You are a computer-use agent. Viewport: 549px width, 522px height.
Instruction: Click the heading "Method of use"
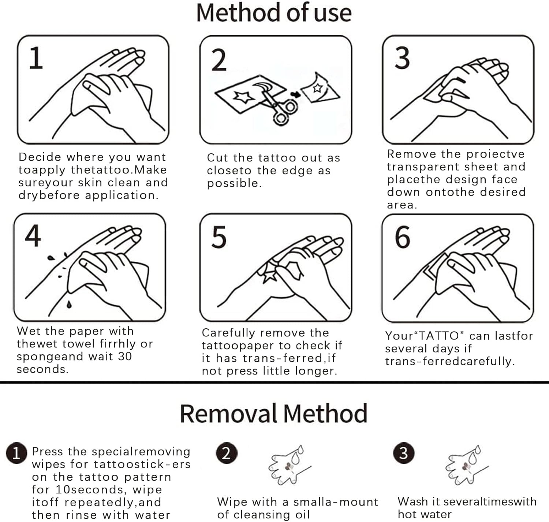[274, 13]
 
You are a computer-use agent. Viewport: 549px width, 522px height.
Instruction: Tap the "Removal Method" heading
[274, 414]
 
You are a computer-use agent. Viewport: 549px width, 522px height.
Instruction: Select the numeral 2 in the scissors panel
[219, 60]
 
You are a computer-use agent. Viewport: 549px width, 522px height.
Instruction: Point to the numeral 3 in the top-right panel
[402, 58]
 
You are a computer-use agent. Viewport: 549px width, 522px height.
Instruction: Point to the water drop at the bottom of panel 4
[69, 305]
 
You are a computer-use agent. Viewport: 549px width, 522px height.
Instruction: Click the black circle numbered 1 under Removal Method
[16, 453]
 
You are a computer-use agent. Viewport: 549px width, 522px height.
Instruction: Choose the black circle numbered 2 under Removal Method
[227, 453]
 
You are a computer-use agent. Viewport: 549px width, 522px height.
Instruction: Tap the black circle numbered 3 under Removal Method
[404, 453]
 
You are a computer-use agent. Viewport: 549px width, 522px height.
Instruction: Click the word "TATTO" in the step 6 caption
[438, 336]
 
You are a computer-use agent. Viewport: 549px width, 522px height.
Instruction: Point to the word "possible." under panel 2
[234, 184]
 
